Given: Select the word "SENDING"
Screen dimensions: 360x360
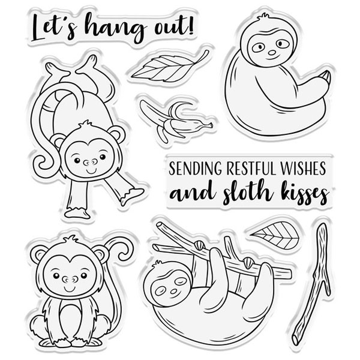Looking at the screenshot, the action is tap(196, 168).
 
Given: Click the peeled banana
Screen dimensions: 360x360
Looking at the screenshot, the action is tap(176, 121).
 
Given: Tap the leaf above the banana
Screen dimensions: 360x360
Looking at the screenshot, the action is tap(170, 67).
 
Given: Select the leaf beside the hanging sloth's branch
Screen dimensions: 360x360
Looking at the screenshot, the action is tap(275, 235).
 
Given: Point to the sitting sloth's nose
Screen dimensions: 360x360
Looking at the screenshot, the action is tap(272, 53).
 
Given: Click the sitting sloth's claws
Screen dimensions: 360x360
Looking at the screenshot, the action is tap(326, 77).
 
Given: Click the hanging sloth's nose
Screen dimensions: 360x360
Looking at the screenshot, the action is tap(174, 291).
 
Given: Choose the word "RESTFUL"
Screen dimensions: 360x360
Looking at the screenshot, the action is tap(251, 168).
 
